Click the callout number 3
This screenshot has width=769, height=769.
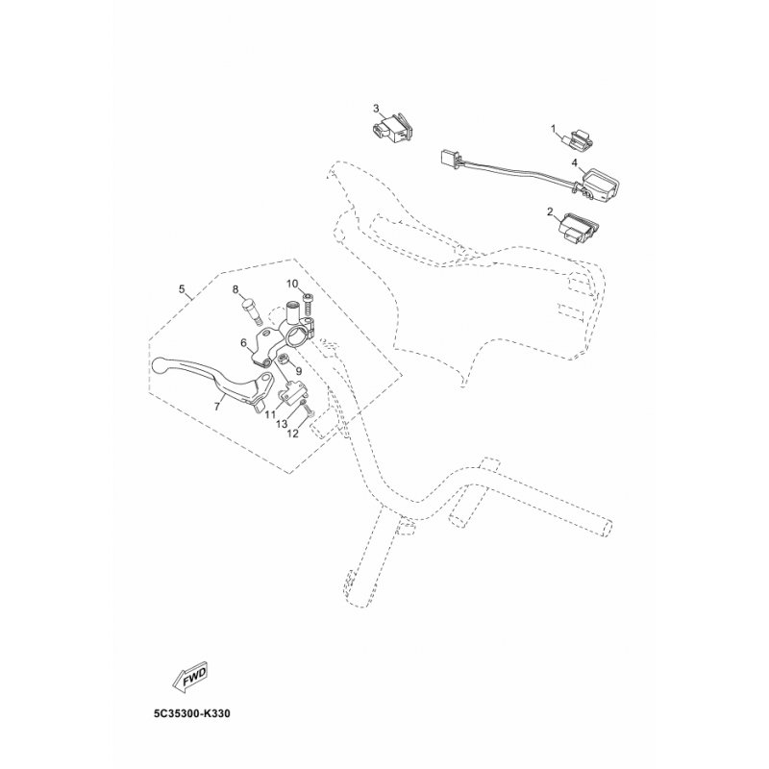click(x=376, y=108)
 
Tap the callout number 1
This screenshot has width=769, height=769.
click(x=554, y=129)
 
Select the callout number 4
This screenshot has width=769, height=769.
click(x=574, y=161)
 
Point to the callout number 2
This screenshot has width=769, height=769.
click(x=550, y=211)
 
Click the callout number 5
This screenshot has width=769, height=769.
click(x=182, y=288)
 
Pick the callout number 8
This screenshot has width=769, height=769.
click(x=235, y=289)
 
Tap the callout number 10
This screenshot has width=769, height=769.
click(x=292, y=284)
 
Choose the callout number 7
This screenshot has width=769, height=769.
click(x=217, y=407)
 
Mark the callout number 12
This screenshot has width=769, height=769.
click(x=293, y=434)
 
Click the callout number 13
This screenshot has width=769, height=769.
click(x=282, y=424)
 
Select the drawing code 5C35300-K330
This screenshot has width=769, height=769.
click(x=191, y=713)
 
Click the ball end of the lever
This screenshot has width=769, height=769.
click(x=159, y=365)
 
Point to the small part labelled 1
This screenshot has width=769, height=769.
click(x=575, y=138)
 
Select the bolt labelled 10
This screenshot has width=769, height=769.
click(x=308, y=305)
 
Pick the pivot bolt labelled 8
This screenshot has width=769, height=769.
click(x=250, y=310)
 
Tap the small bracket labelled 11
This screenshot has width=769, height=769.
click(x=293, y=394)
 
